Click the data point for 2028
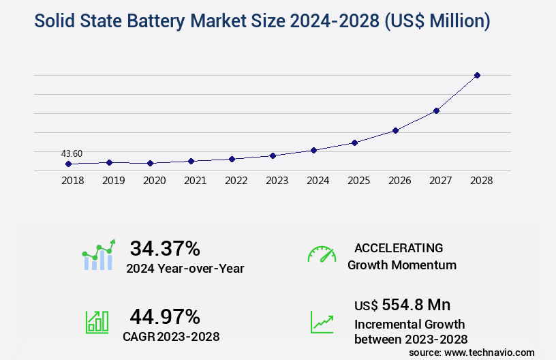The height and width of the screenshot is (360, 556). coord(477,75)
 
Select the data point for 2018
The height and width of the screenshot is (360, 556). coord(68,164)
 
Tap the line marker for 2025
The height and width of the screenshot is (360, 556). coord(354,142)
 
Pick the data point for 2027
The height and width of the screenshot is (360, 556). coord(436,110)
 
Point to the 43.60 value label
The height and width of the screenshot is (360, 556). coord(72,153)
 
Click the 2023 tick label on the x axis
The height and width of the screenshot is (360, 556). coord(277,181)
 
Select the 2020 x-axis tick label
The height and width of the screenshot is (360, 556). coord(154,181)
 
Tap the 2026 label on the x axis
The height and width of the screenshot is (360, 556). coord(399,181)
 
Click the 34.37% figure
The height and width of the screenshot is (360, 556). coord(165,248)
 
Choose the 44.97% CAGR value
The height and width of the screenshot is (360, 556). coord(165,316)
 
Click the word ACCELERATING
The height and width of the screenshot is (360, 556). coord(399,248)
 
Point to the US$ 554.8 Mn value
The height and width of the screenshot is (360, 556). coord(402,305)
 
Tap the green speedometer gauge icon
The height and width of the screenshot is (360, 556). coord(322,254)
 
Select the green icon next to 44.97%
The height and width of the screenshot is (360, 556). coord(97,321)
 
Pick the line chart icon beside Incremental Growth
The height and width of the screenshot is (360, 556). coord(322,321)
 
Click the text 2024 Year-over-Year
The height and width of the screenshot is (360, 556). coord(185,269)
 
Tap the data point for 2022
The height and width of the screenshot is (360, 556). coord(232,159)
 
